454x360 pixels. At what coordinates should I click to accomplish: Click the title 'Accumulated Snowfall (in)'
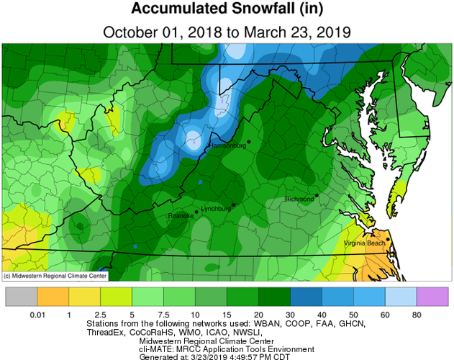227,11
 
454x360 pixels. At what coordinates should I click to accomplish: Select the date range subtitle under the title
227,32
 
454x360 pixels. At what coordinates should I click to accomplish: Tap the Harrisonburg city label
227,146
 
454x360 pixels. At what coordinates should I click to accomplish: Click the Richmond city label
300,199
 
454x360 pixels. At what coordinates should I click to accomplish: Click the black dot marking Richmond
316,194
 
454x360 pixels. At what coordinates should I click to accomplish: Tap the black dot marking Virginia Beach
387,239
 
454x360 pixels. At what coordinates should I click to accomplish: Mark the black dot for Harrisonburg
248,142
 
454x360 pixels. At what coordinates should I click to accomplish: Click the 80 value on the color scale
417,315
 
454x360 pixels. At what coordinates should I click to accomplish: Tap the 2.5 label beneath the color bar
100,315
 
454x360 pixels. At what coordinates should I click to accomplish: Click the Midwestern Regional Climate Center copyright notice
55,276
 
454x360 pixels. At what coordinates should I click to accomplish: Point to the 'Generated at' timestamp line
227,355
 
